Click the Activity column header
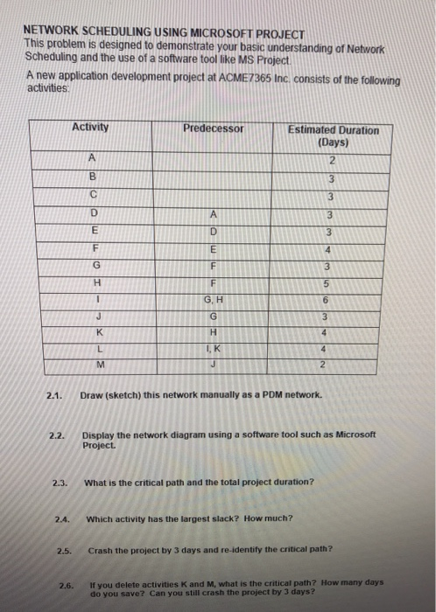(91, 128)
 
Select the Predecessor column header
(214, 129)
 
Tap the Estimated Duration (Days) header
(334, 136)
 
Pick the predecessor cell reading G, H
(214, 300)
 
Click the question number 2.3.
(60, 483)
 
